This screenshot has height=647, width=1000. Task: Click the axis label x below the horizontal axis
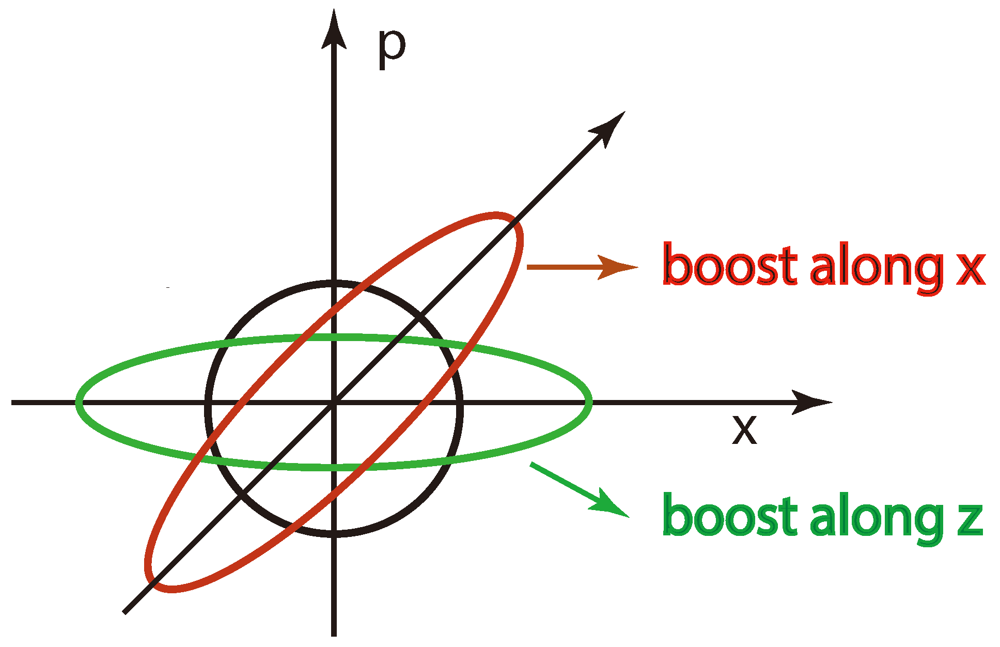point(744,429)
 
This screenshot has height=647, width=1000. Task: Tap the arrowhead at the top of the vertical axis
point(334,31)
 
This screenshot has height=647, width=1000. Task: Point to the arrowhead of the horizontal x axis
point(811,402)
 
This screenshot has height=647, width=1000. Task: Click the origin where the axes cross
point(334,402)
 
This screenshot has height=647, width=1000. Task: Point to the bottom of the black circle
point(334,534)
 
